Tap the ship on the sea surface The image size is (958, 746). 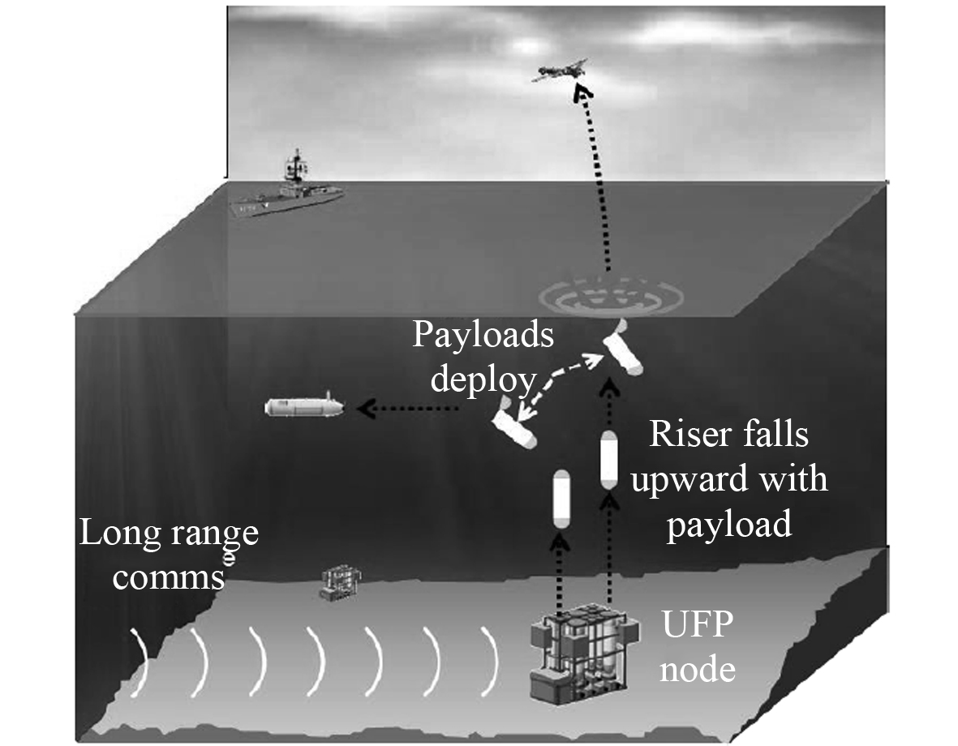pyautogui.click(x=288, y=195)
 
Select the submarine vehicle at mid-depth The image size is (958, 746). pyautogui.click(x=304, y=405)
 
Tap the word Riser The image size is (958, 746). pyautogui.click(x=688, y=435)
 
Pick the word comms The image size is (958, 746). pyautogui.click(x=169, y=577)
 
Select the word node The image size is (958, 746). pyautogui.click(x=698, y=670)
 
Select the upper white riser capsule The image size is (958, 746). pyautogui.click(x=609, y=460)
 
